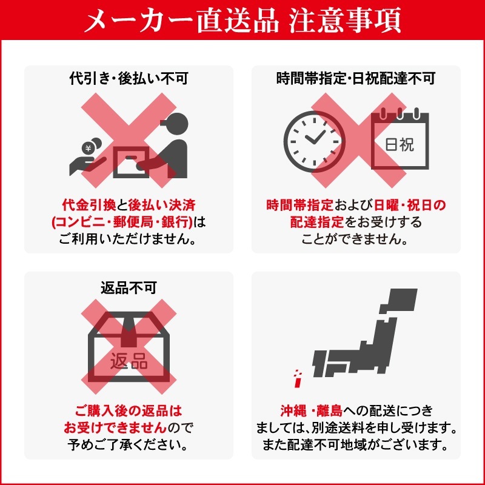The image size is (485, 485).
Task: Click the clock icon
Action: (x=313, y=138)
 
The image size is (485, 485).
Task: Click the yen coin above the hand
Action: (x=89, y=146)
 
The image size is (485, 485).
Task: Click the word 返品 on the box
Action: (x=129, y=362)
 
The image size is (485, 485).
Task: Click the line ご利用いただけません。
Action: (x=129, y=239)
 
